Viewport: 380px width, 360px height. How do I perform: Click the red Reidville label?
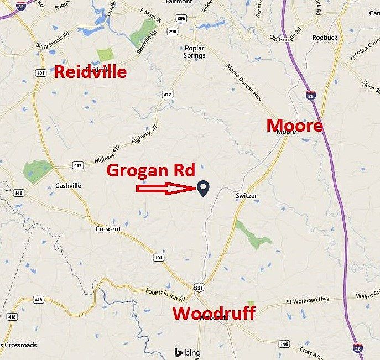tap(90, 71)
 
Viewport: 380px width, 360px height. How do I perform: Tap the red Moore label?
tap(294, 126)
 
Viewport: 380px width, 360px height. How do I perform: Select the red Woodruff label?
tap(214, 313)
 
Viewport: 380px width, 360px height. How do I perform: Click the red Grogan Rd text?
tap(150, 170)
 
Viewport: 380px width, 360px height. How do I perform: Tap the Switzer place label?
tap(247, 196)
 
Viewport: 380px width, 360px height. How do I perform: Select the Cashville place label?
tap(68, 186)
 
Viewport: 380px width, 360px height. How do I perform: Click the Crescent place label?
tap(108, 229)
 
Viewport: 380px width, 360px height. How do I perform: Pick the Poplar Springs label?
tap(195, 51)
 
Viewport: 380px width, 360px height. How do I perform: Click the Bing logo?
tap(188, 353)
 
